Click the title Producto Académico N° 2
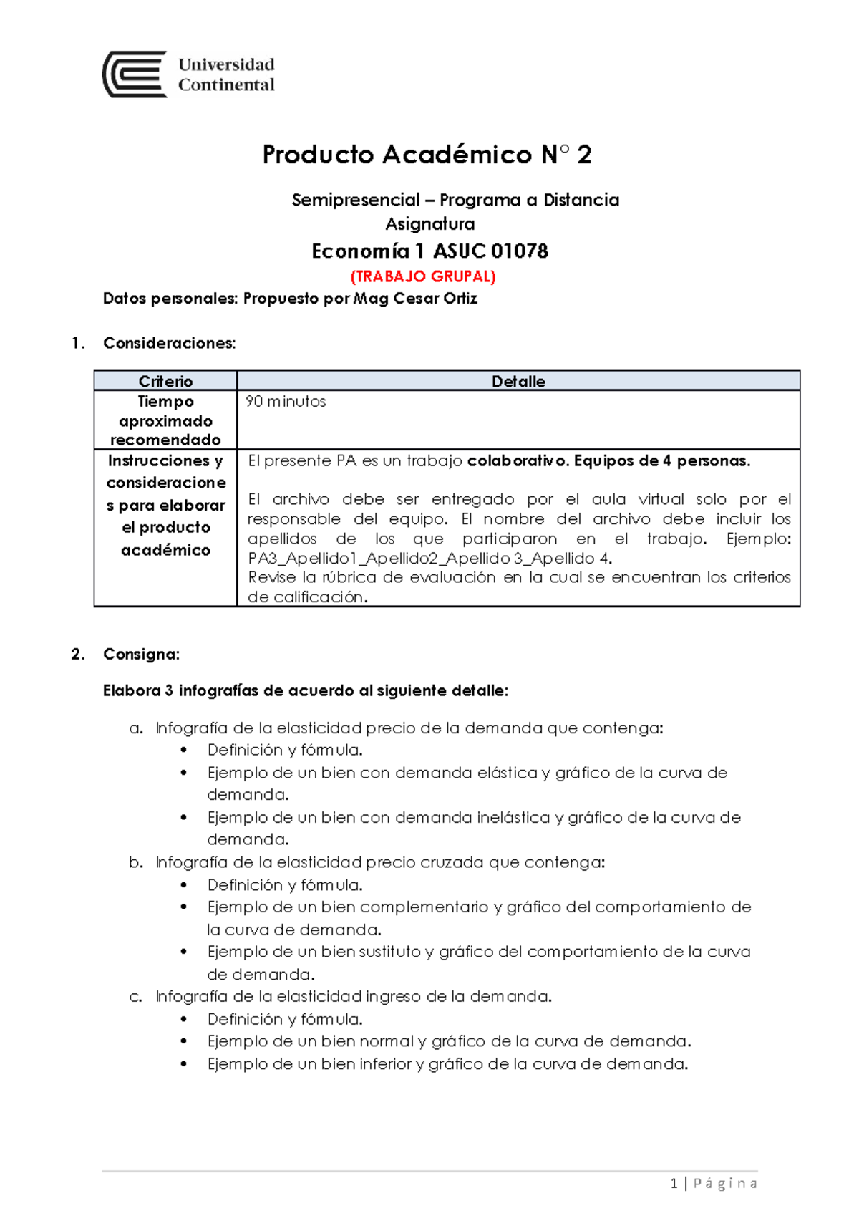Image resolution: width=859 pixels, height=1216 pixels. (427, 155)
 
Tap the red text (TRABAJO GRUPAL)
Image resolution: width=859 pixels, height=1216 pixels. (423, 276)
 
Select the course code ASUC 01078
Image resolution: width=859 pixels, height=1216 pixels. (490, 251)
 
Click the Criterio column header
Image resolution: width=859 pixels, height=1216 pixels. (165, 381)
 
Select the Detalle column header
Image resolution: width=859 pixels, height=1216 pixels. (518, 381)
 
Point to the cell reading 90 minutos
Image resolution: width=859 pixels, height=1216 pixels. (286, 401)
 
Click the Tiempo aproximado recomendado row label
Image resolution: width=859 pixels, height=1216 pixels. (165, 420)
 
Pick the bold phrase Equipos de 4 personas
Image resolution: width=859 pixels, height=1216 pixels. (661, 460)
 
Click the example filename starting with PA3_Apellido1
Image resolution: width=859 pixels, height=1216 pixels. (429, 558)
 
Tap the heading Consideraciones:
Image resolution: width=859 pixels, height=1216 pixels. (169, 343)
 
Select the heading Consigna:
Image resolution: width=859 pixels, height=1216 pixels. (141, 654)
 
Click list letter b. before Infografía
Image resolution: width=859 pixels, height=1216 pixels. (136, 862)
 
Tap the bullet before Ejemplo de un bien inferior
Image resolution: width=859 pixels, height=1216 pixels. (184, 1064)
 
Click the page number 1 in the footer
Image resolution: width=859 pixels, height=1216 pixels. (674, 1184)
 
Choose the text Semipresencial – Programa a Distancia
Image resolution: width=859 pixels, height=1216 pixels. (455, 200)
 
